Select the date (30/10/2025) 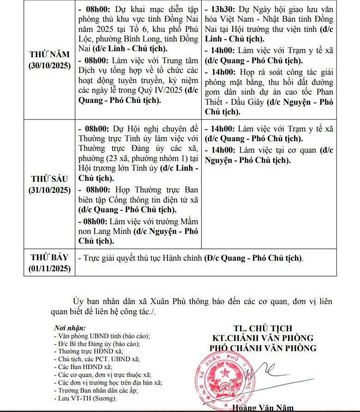click(49, 65)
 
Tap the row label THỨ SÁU click(49, 179)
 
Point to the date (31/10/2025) click(49, 190)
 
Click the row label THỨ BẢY click(49, 257)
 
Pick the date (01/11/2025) click(49, 268)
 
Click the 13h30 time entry click(222, 9)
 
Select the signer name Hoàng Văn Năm click(263, 408)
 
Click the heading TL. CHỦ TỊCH click(263, 328)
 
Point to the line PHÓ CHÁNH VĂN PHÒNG click(263, 348)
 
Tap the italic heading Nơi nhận click(70, 328)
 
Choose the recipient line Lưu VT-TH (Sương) click(85, 398)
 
